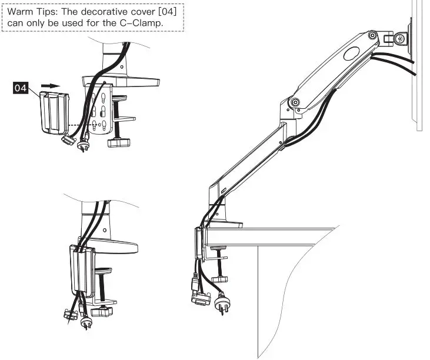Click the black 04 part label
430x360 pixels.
point(21,88)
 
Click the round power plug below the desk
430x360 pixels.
point(222,304)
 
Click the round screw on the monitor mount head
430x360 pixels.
point(401,39)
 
